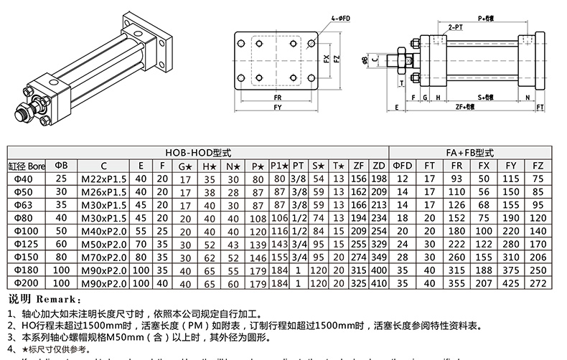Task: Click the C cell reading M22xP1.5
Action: point(103,178)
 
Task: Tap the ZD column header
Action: point(380,165)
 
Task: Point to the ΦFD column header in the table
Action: point(403,165)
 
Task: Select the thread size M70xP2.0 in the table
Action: point(103,256)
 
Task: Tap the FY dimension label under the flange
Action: point(277,108)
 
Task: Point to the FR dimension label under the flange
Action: point(277,96)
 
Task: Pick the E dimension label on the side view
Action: point(396,108)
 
